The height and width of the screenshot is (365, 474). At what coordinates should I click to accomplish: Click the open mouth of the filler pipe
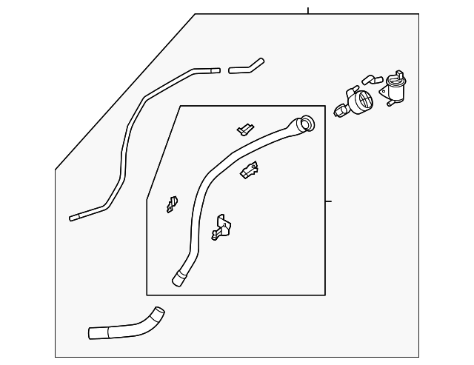[308, 124]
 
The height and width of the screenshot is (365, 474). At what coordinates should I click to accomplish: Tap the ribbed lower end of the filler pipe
[179, 278]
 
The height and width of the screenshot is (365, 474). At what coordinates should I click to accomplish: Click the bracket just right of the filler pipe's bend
[250, 170]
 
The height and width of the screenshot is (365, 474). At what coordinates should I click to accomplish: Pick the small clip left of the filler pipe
[172, 204]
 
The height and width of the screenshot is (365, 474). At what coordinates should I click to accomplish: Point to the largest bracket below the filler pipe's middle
[221, 227]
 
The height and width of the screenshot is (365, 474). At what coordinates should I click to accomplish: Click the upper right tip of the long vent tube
[216, 70]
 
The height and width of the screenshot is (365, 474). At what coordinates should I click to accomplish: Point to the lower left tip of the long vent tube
[73, 218]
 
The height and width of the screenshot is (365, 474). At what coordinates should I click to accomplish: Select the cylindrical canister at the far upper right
[394, 90]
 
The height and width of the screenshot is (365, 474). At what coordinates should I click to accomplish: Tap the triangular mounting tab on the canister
[383, 93]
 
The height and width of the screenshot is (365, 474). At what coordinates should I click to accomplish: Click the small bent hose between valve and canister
[372, 79]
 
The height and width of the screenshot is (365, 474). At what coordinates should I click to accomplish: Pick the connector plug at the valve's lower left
[341, 111]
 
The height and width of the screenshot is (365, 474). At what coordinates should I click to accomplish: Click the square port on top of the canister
[399, 74]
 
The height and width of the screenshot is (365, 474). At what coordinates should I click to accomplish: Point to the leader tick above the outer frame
[308, 10]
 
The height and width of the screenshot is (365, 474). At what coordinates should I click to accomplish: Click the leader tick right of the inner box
[328, 201]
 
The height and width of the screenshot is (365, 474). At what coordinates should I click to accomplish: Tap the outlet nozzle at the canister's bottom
[390, 104]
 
